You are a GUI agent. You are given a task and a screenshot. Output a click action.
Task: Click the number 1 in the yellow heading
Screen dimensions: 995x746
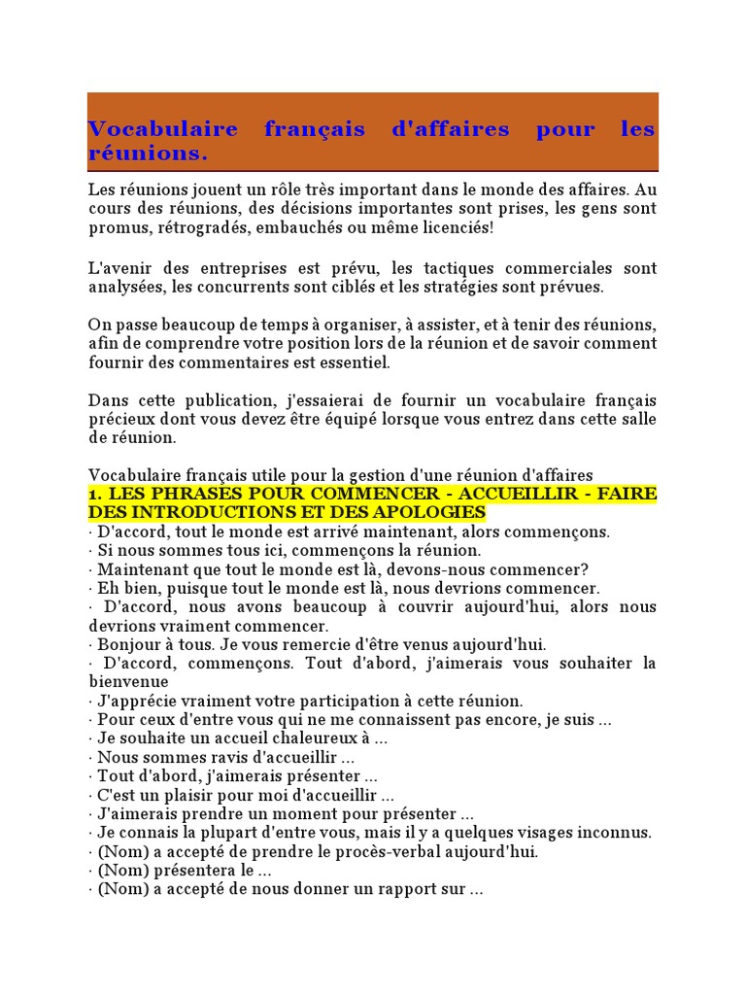pyautogui.click(x=92, y=494)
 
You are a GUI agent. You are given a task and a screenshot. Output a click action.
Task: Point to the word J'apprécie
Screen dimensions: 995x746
pyautogui.click(x=136, y=701)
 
